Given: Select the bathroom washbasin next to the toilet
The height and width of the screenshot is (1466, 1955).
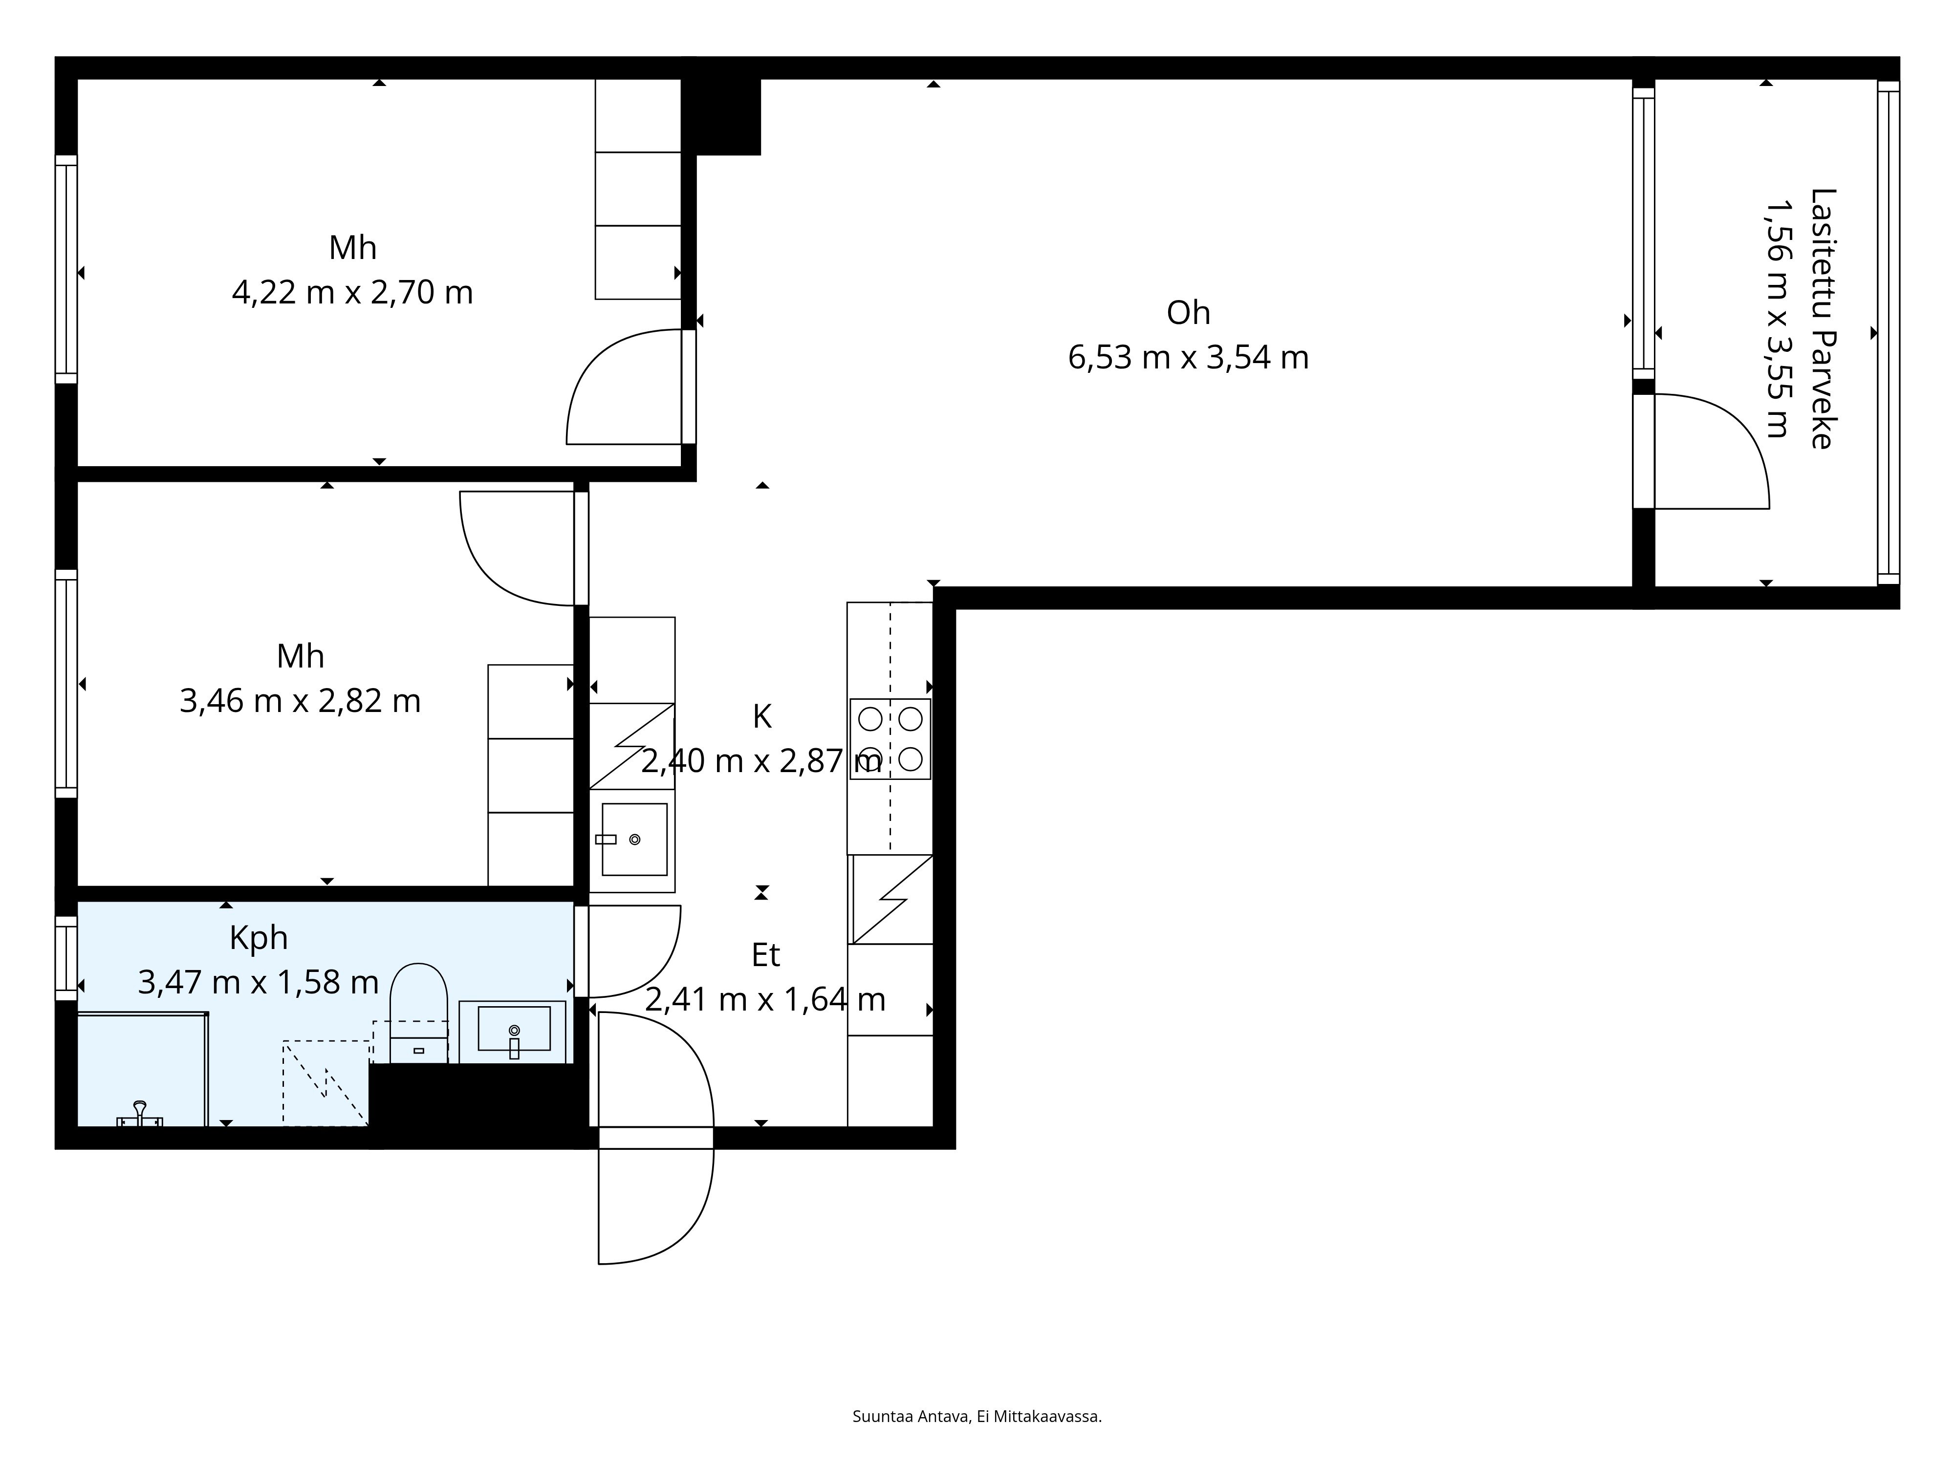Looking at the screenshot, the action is point(513,1031).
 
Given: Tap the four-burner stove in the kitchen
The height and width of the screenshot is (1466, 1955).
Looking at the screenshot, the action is point(890,739).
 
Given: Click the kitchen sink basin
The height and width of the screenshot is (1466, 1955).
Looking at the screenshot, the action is point(634,840).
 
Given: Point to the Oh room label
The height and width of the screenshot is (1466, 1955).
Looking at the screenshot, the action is point(1188,313).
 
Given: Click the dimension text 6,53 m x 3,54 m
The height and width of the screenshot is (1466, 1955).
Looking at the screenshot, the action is point(1188,358).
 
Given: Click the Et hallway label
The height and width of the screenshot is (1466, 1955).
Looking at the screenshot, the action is point(765,955).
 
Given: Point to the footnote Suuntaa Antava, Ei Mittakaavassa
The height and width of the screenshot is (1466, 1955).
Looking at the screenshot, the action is point(977,1367).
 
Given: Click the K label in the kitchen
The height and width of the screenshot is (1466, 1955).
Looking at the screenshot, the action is point(762,717).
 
